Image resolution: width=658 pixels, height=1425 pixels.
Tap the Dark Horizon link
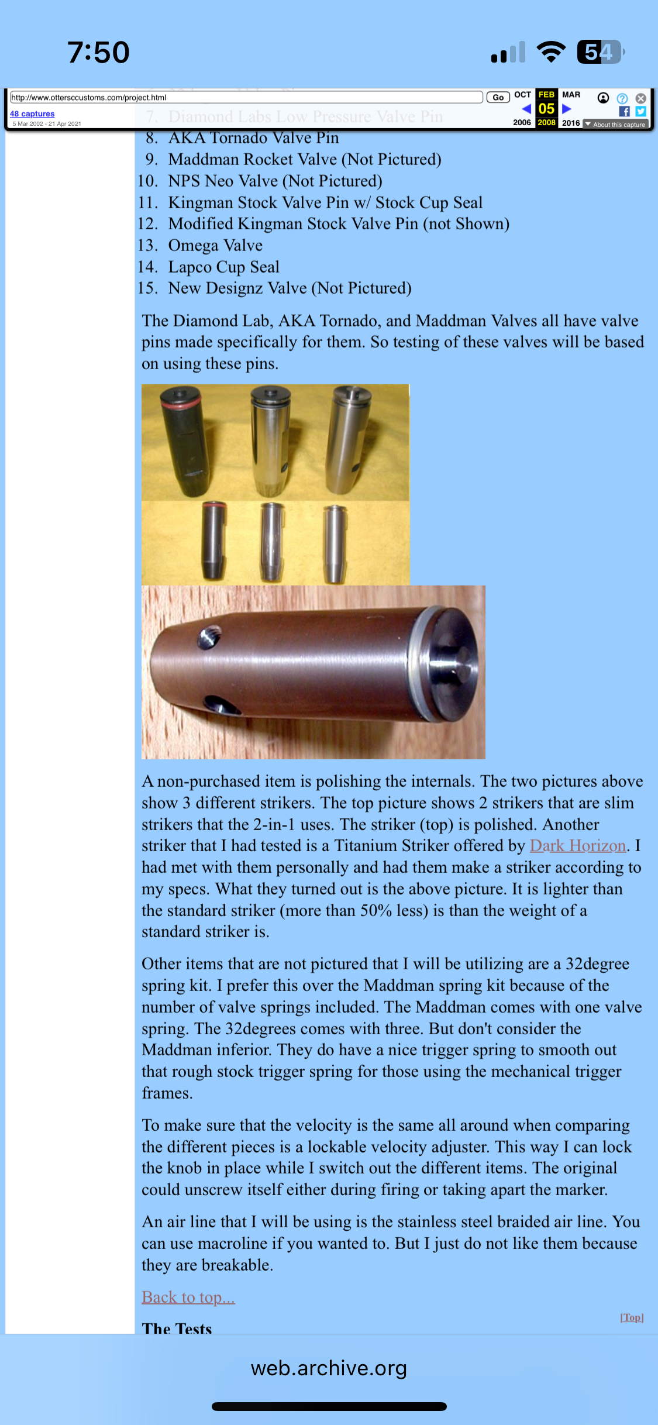578,845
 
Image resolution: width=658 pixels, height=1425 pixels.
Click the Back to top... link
188,1297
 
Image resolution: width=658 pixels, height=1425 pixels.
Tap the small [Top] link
632,1317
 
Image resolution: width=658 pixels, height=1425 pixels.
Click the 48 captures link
32,113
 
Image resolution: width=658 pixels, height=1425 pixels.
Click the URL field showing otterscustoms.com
246,97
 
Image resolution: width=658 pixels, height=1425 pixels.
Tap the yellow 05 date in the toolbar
546,108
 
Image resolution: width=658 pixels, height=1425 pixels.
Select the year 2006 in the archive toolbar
522,122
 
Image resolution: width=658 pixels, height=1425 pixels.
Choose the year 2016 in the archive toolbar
571,123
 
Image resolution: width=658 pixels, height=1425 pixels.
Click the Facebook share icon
625,111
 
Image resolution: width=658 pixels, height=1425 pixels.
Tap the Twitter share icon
641,111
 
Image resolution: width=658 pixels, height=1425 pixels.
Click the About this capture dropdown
616,124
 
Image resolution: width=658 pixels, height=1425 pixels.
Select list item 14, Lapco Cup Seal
209,267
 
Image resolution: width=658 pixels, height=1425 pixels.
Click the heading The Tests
177,1328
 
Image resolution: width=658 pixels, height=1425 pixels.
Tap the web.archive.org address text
329,1368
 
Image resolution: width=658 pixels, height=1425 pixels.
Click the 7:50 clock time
98,52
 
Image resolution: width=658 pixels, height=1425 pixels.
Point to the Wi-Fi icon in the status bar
551,51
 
